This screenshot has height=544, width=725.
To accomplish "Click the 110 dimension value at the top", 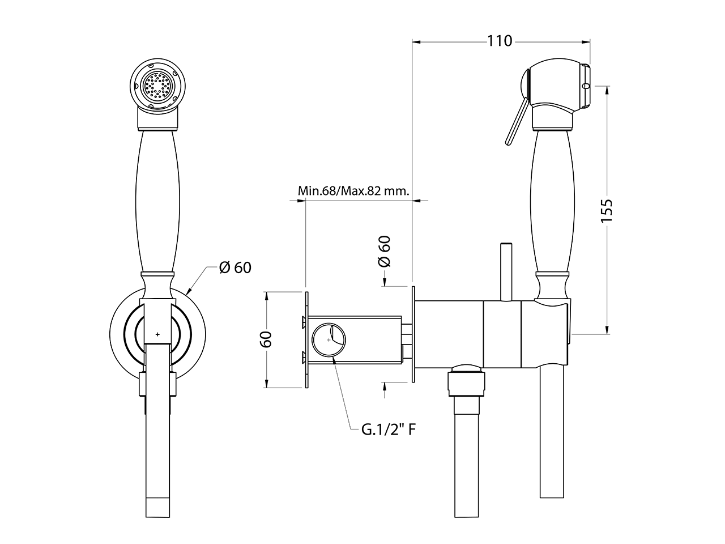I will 499,41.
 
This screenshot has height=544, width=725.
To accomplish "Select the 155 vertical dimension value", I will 606,210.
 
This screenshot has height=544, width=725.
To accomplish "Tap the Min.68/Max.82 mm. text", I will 353,190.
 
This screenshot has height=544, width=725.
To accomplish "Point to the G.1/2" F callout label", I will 389,430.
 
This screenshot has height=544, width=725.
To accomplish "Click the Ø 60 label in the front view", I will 235,267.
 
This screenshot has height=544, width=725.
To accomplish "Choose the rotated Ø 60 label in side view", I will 385,252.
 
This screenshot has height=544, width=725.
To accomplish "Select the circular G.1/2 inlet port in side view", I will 328,340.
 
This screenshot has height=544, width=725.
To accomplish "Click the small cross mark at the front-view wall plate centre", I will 157,334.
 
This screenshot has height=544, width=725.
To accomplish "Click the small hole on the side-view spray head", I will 586,86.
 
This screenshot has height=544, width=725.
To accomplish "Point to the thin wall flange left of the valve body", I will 414,334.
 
